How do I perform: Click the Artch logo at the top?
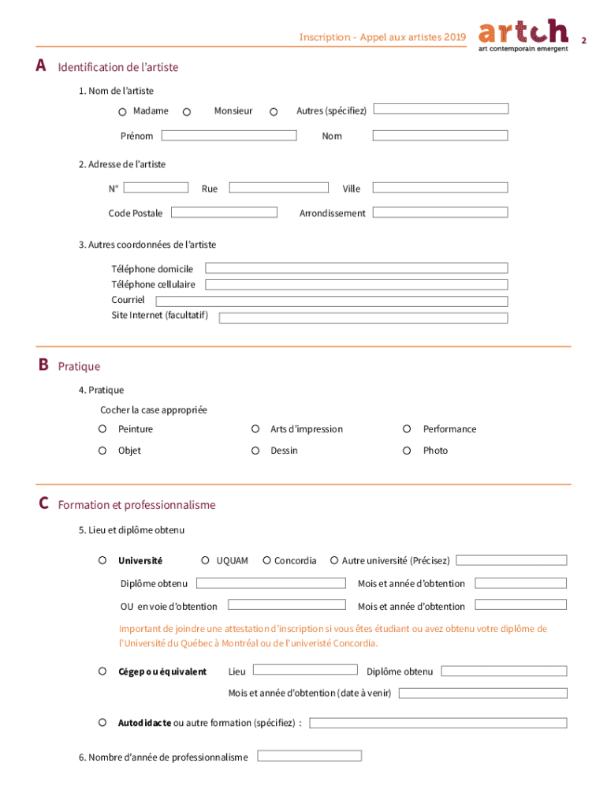point(523,35)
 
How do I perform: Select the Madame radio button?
point(124,112)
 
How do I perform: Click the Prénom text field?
point(228,136)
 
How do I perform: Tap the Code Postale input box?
point(224,212)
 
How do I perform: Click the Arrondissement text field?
point(440,212)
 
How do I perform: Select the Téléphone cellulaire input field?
point(356,284)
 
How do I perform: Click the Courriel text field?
point(331,301)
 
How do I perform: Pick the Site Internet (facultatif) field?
point(363,317)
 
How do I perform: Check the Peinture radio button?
point(102,428)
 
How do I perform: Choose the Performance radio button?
point(407,428)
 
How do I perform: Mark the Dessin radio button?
point(255,451)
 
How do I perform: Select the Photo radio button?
point(407,451)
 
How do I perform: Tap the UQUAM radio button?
point(206,560)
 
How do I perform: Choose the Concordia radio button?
point(266,560)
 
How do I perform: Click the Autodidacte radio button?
point(102,722)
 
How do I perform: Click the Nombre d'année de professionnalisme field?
point(309,756)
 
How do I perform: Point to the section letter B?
point(43,365)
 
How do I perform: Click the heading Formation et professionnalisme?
point(136,505)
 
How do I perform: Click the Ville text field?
point(440,188)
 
